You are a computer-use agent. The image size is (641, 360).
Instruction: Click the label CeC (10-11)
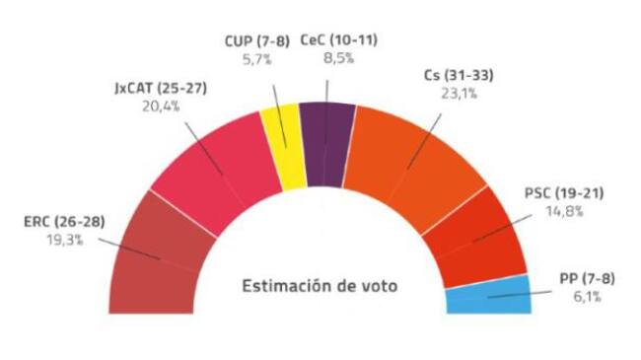pos(340,40)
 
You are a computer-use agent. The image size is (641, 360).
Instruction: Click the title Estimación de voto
pos(320,287)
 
